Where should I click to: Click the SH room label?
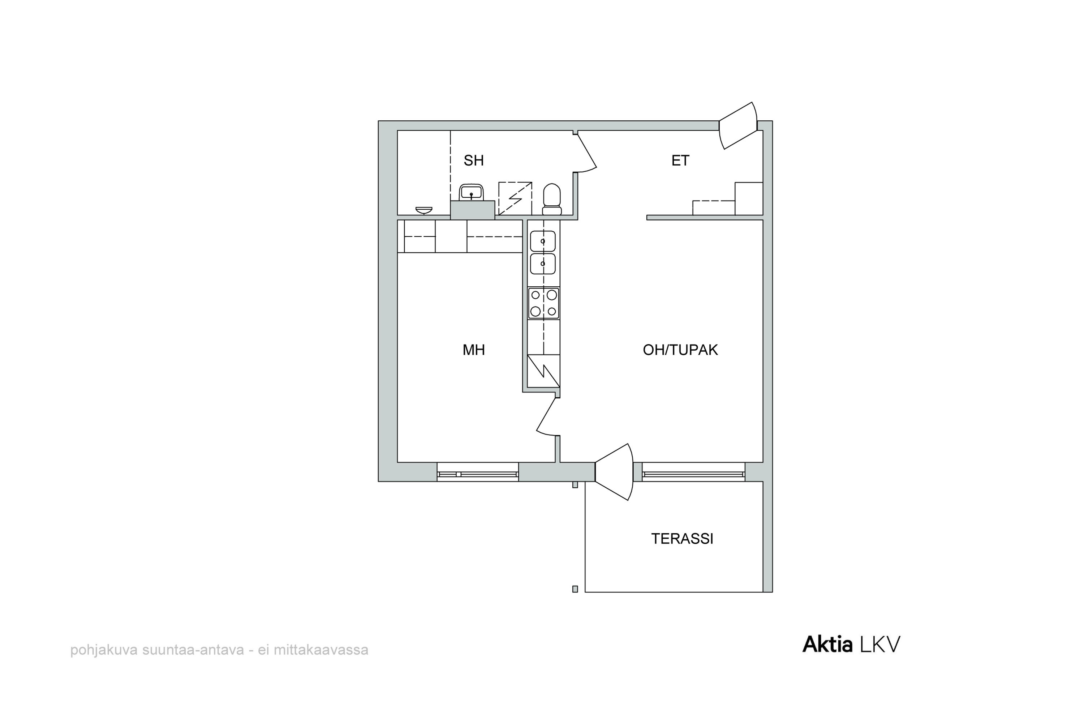tap(473, 161)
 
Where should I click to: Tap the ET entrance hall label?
tap(680, 161)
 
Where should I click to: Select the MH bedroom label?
tap(474, 350)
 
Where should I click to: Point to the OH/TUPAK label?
tap(680, 350)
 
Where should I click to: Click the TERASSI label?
tap(682, 539)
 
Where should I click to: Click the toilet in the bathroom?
tap(552, 199)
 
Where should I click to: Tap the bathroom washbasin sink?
tap(471, 193)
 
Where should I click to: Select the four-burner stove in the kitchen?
tap(544, 303)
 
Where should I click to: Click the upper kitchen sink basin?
tap(543, 241)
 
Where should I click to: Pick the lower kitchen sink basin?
tap(543, 264)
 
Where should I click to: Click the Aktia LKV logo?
tap(851, 645)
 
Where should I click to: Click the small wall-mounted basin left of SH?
tap(423, 210)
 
